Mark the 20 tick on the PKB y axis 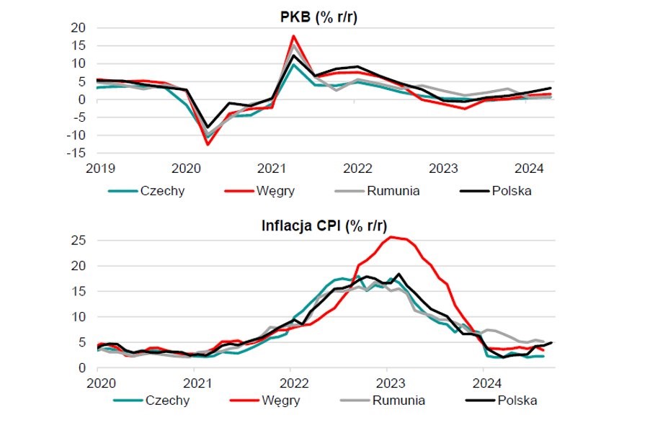pos(78,27)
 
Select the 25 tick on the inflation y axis pos(78,240)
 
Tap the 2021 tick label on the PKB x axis pos(271,169)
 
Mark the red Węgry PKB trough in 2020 pos(208,145)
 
